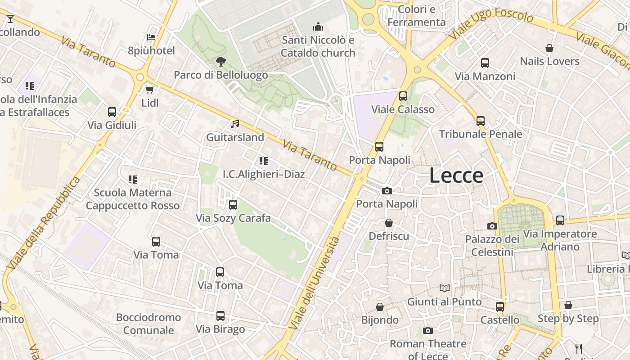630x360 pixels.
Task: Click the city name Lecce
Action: pyautogui.click(x=456, y=175)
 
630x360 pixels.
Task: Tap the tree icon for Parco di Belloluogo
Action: pyautogui.click(x=220, y=62)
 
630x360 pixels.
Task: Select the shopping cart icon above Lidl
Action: pyautogui.click(x=150, y=90)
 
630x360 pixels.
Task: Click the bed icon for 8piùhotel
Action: pyautogui.click(x=151, y=37)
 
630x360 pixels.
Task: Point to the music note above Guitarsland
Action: pyautogui.click(x=235, y=124)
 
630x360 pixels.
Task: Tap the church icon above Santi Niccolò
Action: pyautogui.click(x=318, y=27)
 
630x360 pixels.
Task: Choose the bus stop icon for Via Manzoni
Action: pyautogui.click(x=485, y=63)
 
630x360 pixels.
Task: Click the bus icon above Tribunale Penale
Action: pyautogui.click(x=481, y=121)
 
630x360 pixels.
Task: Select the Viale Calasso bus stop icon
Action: pyautogui.click(x=403, y=96)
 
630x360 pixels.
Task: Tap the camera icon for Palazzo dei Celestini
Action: pyautogui.click(x=492, y=226)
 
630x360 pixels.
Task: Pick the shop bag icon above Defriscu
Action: pyautogui.click(x=389, y=223)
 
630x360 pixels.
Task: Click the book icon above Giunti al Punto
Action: pyautogui.click(x=445, y=288)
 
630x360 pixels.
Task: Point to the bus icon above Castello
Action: pyautogui.click(x=499, y=307)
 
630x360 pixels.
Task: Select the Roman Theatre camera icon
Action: pyautogui.click(x=428, y=331)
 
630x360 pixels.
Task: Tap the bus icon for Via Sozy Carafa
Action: pyautogui.click(x=233, y=205)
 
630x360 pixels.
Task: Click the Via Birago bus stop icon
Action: pyautogui.click(x=220, y=316)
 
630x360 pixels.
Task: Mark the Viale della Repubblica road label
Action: pyautogui.click(x=44, y=224)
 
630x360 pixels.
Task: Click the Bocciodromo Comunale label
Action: pyautogui.click(x=148, y=324)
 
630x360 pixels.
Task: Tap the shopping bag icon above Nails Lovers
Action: pyautogui.click(x=549, y=48)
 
